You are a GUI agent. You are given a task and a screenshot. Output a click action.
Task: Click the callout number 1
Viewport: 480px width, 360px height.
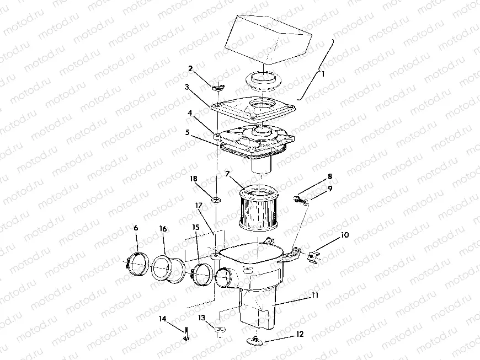click(x=324, y=72)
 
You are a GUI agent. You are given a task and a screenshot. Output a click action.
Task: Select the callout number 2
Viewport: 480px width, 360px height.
click(x=190, y=69)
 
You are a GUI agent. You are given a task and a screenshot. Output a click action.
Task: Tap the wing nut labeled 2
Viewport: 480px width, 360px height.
click(x=217, y=86)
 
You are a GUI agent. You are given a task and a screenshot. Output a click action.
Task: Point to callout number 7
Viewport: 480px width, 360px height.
click(x=227, y=174)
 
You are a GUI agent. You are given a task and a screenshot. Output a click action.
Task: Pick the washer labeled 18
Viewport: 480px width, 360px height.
click(x=216, y=199)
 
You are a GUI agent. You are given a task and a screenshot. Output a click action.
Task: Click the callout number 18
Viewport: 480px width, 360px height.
click(x=194, y=179)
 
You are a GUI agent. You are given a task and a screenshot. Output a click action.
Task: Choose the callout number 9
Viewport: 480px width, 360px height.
click(x=330, y=189)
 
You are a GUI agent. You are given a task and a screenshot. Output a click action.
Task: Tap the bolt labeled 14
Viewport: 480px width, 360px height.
click(x=186, y=333)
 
